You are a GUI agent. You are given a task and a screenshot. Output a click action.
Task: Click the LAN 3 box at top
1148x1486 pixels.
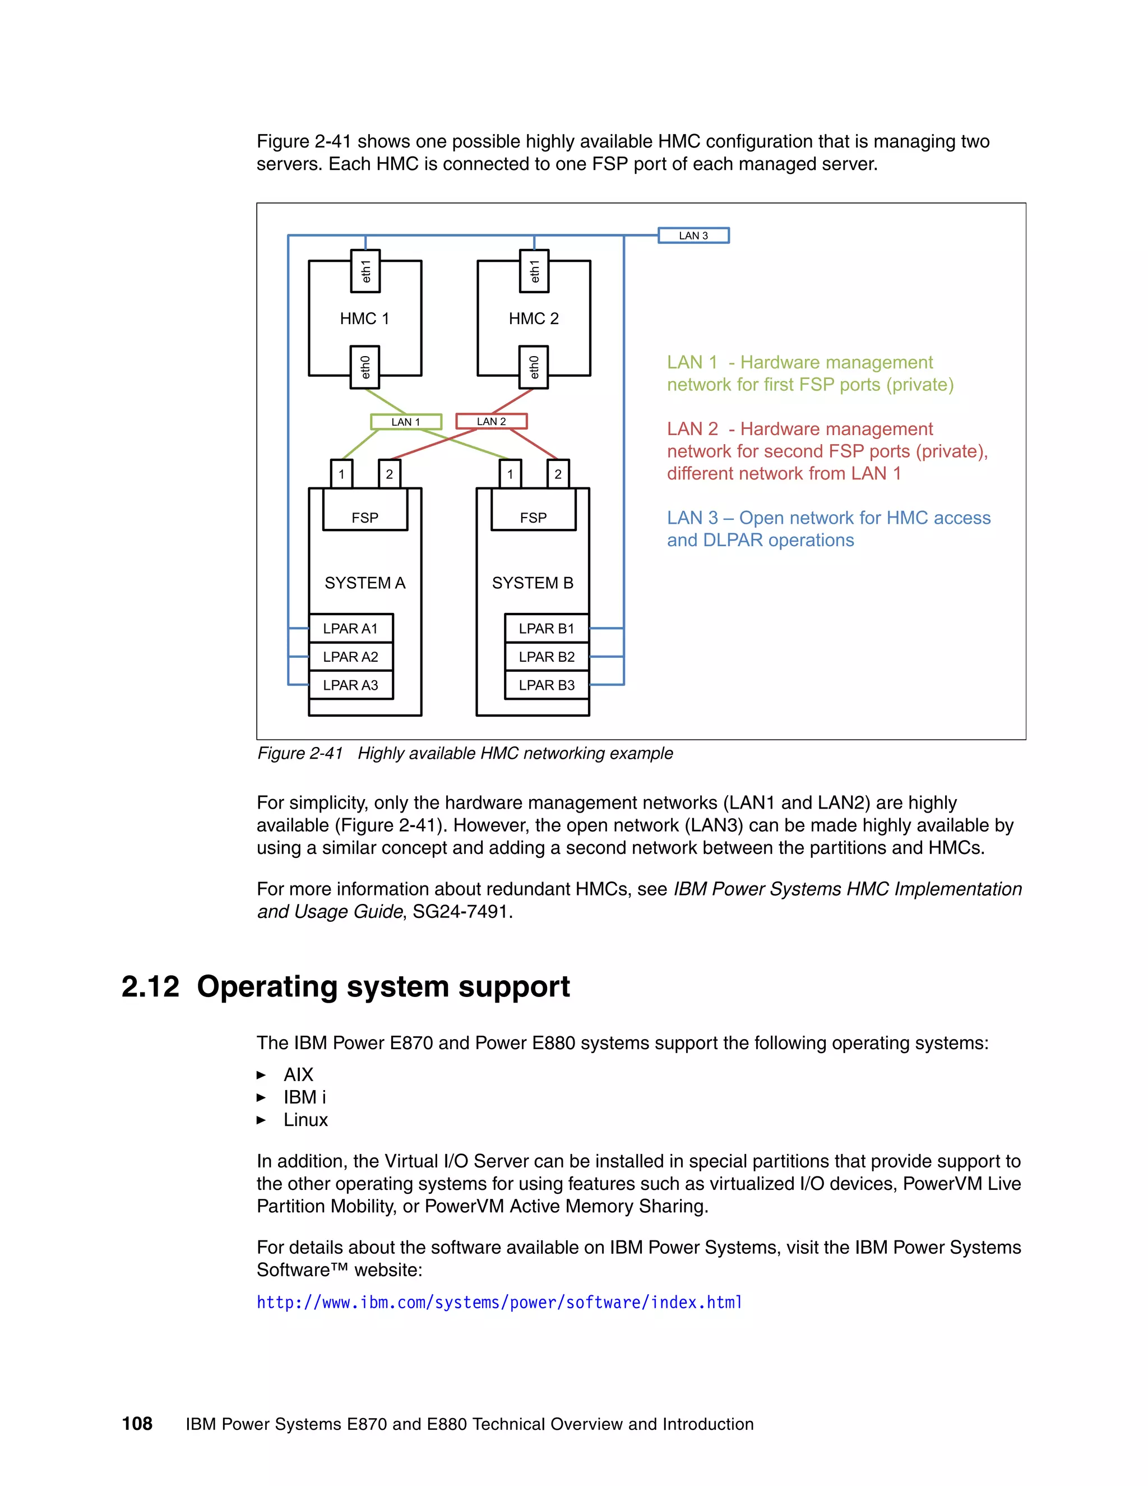[693, 236]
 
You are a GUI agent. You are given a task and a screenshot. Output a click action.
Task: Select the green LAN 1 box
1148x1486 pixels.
[406, 422]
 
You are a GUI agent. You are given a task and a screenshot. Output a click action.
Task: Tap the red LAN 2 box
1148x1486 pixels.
[491, 421]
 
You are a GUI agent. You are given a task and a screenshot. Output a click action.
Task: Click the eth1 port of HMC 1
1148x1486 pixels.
[365, 271]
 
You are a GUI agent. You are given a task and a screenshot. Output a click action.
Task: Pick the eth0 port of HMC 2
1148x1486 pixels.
[534, 367]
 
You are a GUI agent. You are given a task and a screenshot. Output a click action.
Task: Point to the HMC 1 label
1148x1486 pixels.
[364, 319]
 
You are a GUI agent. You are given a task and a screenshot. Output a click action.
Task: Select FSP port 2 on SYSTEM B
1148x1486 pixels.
[558, 474]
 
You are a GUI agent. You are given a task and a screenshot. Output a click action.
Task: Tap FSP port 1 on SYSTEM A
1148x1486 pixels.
[341, 474]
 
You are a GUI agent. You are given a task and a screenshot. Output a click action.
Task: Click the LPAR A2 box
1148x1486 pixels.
[350, 657]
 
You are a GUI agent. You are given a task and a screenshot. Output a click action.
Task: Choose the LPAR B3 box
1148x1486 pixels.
[546, 685]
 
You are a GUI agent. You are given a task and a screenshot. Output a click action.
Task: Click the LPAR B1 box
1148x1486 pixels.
[546, 629]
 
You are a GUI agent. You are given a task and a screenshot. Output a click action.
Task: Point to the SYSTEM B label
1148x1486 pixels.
[533, 583]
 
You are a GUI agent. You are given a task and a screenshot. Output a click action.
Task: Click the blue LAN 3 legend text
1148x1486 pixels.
[828, 529]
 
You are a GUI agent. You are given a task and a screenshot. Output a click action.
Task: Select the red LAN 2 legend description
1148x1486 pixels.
[826, 451]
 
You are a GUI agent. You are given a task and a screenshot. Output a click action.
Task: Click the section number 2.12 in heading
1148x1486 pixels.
[150, 986]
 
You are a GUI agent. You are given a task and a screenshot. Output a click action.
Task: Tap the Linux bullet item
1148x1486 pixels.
[305, 1120]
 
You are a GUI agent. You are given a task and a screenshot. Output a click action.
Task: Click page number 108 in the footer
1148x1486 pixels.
[137, 1423]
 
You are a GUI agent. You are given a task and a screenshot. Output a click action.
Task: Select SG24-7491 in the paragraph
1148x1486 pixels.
[460, 912]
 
